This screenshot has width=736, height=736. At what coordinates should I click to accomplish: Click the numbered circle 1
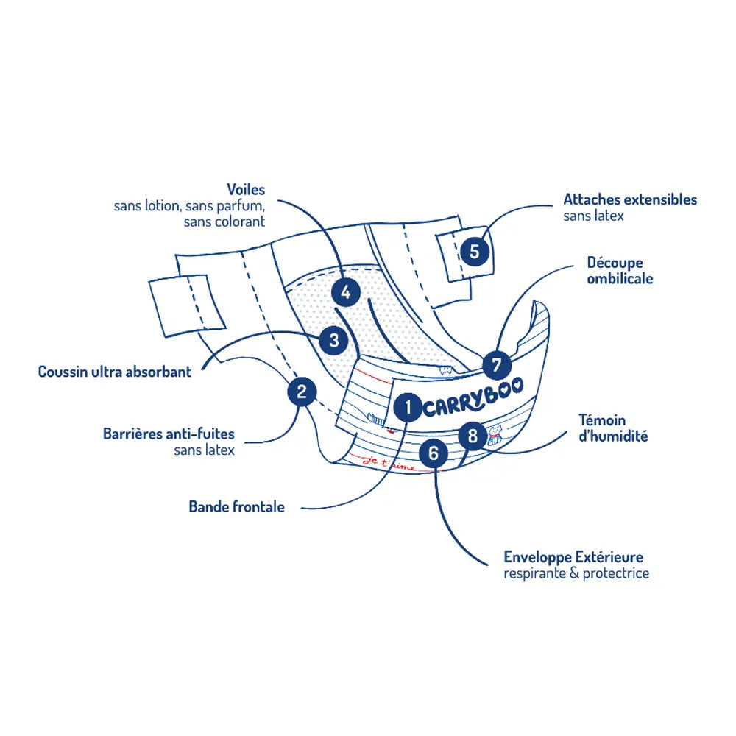coord(407,406)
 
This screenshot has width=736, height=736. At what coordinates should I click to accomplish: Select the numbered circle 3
coord(334,340)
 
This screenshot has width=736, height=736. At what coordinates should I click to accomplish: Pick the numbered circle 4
coord(346,291)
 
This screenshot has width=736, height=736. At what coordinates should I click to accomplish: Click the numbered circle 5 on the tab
coord(474,252)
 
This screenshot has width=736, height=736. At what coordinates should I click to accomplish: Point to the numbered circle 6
coord(433,453)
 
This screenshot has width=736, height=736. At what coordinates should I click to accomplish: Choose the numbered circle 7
coord(497,365)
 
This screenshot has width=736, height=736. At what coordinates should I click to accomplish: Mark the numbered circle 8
coord(472,436)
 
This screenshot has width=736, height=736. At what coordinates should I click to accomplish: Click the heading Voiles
coord(246,190)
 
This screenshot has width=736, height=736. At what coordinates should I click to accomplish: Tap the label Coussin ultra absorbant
coord(114,372)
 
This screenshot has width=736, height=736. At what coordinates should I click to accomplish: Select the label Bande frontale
coord(236,506)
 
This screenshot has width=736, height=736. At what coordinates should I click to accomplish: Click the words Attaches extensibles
coord(630,199)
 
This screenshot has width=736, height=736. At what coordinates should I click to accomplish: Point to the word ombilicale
coord(620,279)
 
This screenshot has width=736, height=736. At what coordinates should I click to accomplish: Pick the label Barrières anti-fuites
coord(169,434)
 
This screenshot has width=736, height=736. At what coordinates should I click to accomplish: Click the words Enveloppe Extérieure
coord(573,557)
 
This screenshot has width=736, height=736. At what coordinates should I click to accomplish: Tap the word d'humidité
coord(613,436)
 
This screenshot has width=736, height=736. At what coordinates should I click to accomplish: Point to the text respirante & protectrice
coord(576,573)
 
